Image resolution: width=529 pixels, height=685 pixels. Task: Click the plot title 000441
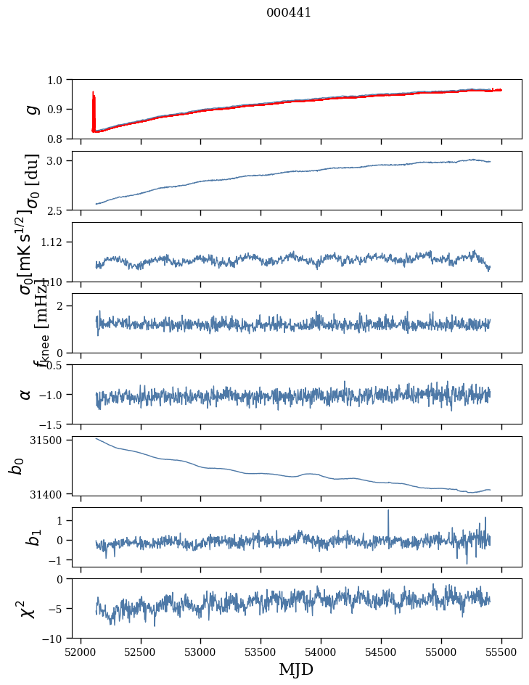point(289,13)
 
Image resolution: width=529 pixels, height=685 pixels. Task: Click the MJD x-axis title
point(296,670)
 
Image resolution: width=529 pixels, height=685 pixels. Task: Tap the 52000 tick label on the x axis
point(81,652)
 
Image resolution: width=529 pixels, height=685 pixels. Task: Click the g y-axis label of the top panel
point(30,109)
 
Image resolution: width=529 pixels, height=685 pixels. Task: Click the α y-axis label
point(25,394)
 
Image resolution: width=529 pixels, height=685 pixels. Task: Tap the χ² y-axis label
point(27,609)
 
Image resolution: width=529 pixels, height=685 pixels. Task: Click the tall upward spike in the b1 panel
point(388,512)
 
